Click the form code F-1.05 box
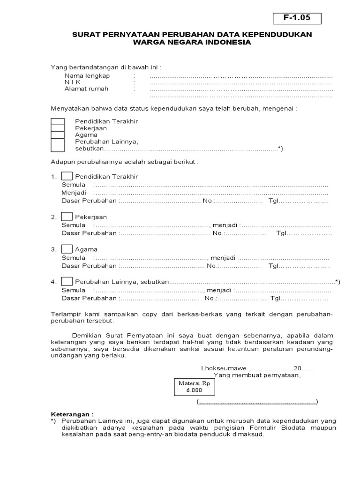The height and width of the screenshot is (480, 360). click(298, 18)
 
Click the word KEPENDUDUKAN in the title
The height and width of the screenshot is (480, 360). click(280, 35)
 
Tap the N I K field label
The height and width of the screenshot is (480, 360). click(75, 82)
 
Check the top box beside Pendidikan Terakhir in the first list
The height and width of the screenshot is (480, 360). click(57, 121)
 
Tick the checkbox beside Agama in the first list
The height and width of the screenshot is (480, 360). click(57, 135)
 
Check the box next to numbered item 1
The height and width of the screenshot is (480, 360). click(67, 176)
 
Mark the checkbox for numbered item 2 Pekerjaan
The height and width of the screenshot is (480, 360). click(67, 217)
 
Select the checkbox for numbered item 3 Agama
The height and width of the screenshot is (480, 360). click(67, 249)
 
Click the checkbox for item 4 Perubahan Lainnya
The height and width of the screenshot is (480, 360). click(67, 281)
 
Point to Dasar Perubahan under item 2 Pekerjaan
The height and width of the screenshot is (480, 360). click(89, 233)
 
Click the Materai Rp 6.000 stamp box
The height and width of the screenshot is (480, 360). click(194, 386)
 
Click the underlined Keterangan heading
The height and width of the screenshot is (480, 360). click(72, 414)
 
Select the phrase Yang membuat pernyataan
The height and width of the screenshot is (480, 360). click(257, 375)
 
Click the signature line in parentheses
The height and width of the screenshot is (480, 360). click(257, 402)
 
